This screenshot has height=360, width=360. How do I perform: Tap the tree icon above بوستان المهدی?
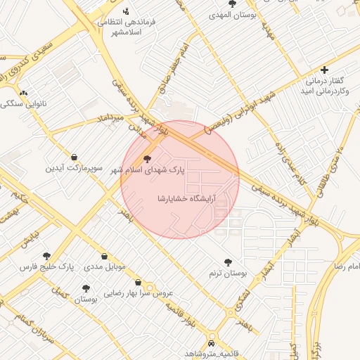coord(232,4)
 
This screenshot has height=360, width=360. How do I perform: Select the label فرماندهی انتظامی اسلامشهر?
coord(127,27)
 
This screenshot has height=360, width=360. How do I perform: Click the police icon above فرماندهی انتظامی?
coord(126,11)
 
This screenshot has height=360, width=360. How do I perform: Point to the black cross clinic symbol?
coord(323,70)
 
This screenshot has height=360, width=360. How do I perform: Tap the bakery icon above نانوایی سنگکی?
coord(23,93)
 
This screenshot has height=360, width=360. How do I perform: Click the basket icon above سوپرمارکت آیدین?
coord(75,157)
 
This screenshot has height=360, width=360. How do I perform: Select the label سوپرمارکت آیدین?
coord(75,169)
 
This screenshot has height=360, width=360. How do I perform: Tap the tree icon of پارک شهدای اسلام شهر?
coord(146,159)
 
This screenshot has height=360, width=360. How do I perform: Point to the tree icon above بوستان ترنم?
coord(227,262)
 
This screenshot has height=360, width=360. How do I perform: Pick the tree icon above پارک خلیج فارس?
coord(47,257)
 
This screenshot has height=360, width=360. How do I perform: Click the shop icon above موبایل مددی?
coord(105,257)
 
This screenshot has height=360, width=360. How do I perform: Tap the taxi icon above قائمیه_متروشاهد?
coord(212,344)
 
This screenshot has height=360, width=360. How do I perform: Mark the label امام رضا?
coord(347,268)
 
